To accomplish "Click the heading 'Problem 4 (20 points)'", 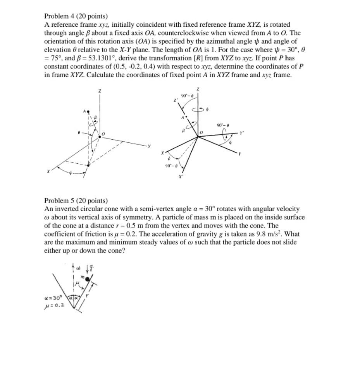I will point(76,16).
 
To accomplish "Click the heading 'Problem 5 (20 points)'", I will point(76,200).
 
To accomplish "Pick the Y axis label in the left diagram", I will point(148,146).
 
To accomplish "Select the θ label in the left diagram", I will point(79,132).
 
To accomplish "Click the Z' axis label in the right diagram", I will point(175,100).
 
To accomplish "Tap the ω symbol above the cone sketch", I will point(78,267).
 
